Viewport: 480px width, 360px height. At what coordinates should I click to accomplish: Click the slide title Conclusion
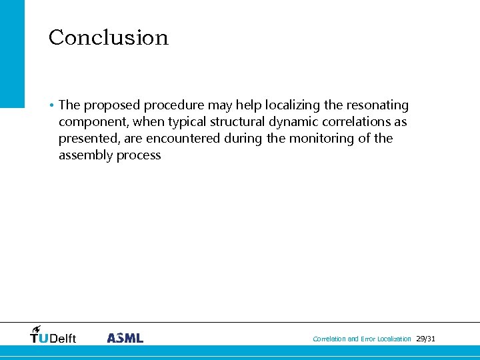pos(109,37)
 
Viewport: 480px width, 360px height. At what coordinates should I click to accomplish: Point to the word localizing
pos(293,105)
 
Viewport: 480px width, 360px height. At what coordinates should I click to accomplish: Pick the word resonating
pos(377,105)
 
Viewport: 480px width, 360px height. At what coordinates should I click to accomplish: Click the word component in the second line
pos(89,122)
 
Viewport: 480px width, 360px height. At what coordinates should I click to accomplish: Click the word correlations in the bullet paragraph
pos(355,122)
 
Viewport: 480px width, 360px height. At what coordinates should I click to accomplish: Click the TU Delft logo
pos(53,335)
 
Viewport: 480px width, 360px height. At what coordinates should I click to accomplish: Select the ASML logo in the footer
pos(125,338)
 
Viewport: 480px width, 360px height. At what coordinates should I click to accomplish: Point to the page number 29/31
pos(425,339)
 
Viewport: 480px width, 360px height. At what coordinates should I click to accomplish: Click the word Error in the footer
pos(367,339)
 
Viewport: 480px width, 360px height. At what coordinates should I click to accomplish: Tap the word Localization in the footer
pos(394,339)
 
